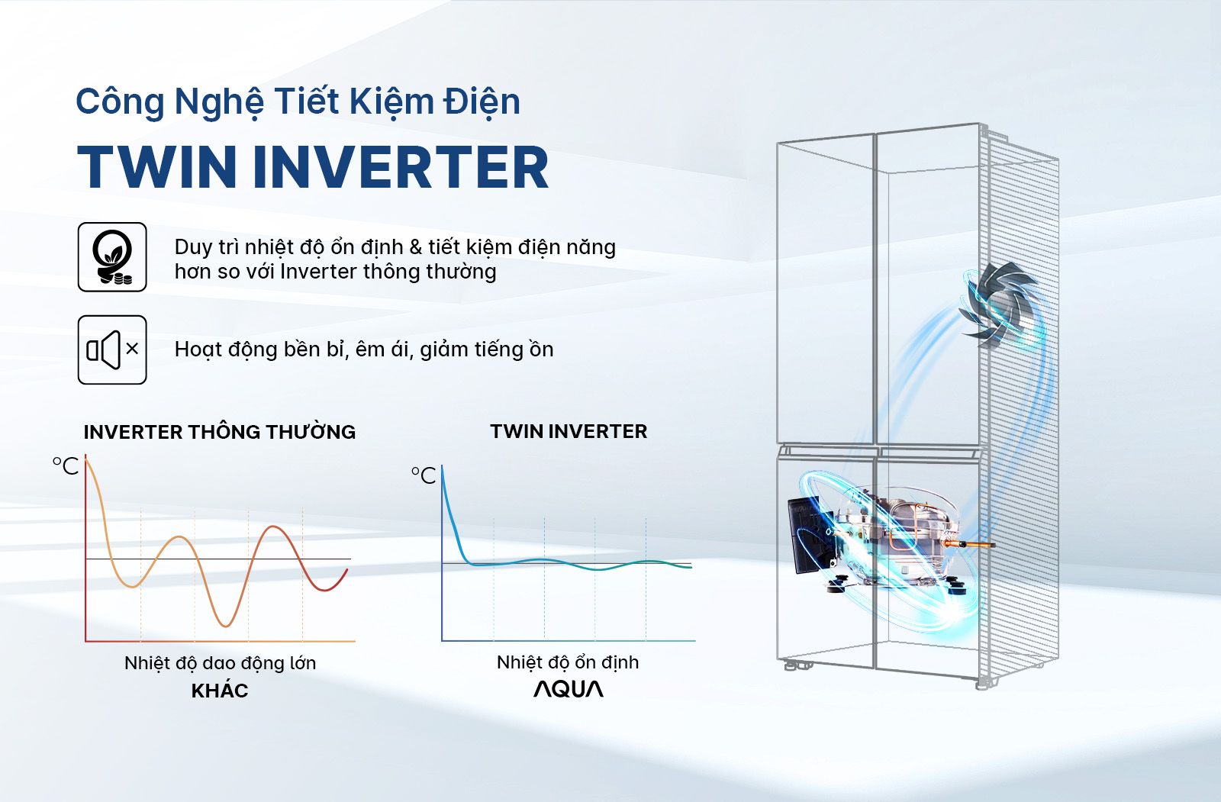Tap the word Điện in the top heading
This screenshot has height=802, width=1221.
click(x=482, y=101)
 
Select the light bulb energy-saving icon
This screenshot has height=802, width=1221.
click(x=112, y=257)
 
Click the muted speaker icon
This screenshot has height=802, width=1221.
click(x=112, y=349)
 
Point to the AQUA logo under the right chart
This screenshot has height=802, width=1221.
click(x=568, y=689)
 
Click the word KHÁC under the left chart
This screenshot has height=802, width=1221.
click(x=220, y=691)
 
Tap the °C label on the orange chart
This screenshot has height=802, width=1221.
click(x=66, y=465)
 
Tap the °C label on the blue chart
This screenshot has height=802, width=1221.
click(x=424, y=475)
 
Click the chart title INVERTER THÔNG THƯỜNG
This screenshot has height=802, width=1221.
click(x=220, y=432)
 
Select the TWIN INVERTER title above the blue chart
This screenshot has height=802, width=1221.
click(x=569, y=431)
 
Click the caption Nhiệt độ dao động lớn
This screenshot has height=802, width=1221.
click(x=220, y=662)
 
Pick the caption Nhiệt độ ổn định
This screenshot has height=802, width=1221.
click(x=568, y=662)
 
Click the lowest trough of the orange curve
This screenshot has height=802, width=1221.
click(x=225, y=625)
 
